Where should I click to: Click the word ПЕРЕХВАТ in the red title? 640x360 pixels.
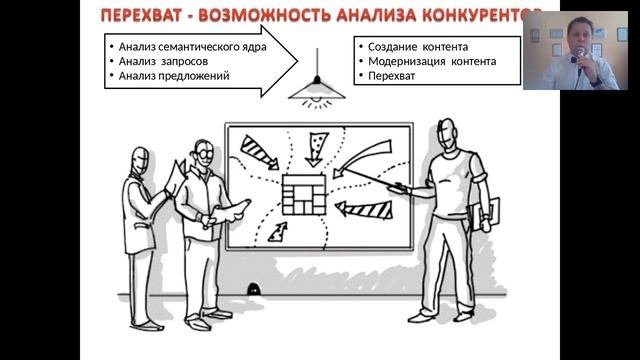click(141, 16)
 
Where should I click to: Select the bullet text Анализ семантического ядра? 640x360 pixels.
click(192, 47)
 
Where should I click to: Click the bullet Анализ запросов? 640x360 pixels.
click(163, 62)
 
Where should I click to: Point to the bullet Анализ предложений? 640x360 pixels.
click(174, 76)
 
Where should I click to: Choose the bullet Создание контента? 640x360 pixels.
click(418, 47)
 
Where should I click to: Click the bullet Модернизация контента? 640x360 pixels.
click(432, 62)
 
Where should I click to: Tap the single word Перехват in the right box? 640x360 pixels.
click(391, 76)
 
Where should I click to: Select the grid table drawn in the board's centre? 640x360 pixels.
click(304, 195)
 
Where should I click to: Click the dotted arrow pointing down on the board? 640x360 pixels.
click(316, 149)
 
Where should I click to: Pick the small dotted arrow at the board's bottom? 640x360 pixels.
click(278, 232)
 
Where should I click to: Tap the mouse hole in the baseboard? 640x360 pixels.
click(253, 289)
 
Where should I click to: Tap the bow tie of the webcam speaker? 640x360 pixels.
click(575, 59)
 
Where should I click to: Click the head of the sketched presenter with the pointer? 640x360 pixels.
click(447, 136)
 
